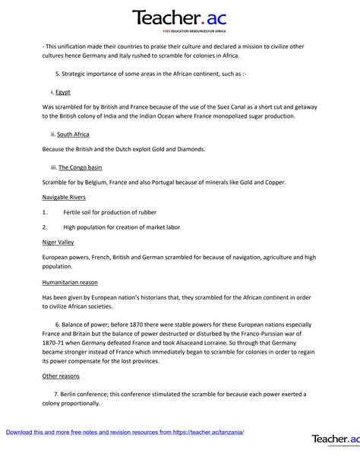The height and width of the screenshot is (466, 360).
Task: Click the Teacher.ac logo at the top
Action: click(179, 18)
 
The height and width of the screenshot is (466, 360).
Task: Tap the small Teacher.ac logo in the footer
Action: click(335, 440)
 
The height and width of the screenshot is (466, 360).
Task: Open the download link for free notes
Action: click(125, 432)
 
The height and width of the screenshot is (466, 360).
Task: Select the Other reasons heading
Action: click(61, 376)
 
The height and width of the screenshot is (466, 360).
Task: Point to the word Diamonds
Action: click(188, 149)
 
